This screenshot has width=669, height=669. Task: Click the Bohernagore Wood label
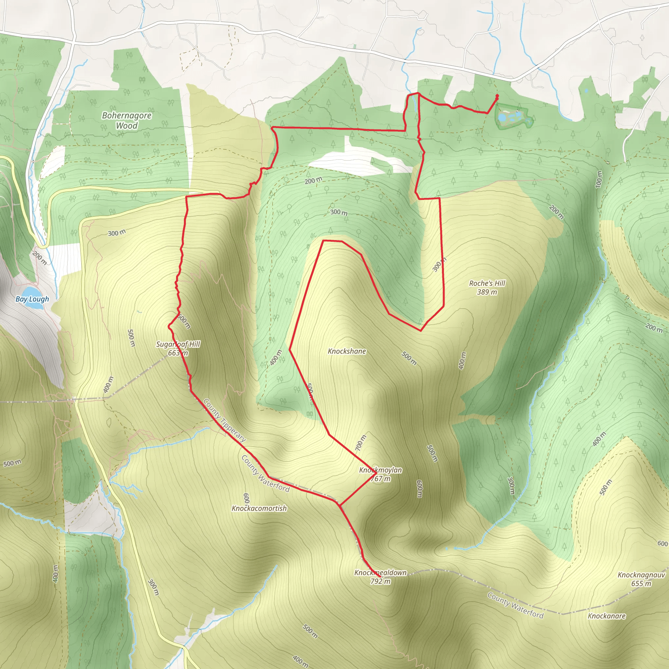tap(126, 121)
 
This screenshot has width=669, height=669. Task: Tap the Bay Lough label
tap(32, 299)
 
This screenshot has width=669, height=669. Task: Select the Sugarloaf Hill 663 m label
tap(178, 348)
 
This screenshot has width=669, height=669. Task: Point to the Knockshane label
tap(347, 351)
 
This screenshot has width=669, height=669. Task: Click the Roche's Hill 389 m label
tap(487, 287)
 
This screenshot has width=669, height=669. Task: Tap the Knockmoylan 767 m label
tap(380, 474)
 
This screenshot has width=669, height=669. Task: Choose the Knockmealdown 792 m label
tap(380, 577)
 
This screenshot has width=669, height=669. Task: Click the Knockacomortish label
tap(259, 508)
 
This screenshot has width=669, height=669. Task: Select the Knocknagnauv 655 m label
tap(641, 579)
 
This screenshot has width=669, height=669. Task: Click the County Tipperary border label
tap(224, 420)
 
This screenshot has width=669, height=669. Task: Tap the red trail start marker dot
tap(497, 96)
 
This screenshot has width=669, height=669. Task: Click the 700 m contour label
tap(361, 443)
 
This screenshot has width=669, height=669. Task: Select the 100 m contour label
tap(599, 179)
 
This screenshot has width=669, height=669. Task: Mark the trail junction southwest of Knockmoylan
tap(340, 506)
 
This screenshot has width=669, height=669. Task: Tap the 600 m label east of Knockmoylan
tap(419, 489)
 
